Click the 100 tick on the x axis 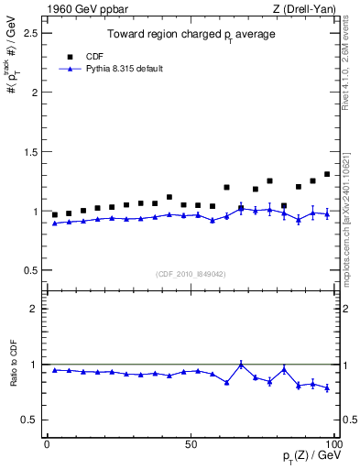334,443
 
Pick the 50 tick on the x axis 191,443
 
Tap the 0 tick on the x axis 47,443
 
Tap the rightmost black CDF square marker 327,174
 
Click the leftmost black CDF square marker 55,214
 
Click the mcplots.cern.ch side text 348,211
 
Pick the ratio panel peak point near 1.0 241,365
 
